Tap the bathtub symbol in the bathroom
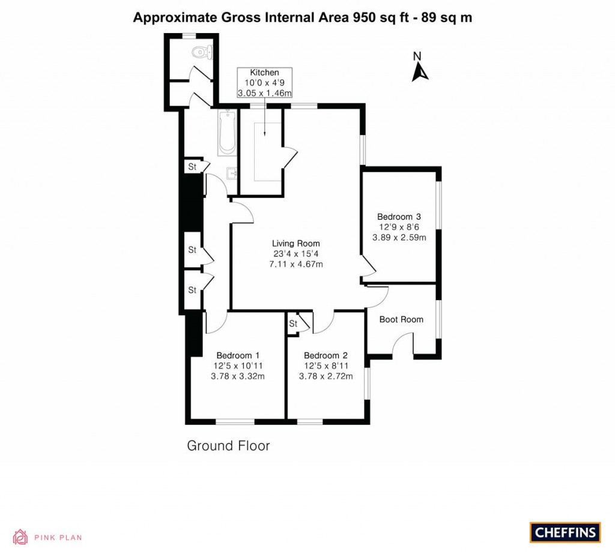pyautogui.click(x=228, y=132)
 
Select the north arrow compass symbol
pyautogui.click(x=419, y=67)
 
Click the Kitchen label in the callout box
pyautogui.click(x=264, y=73)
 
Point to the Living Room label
pyautogui.click(x=295, y=244)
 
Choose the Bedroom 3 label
pyautogui.click(x=399, y=217)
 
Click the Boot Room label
pyautogui.click(x=401, y=319)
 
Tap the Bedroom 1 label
pyautogui.click(x=238, y=355)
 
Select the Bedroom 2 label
pyautogui.click(x=326, y=355)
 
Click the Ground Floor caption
pyautogui.click(x=228, y=446)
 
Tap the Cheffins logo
pyautogui.click(x=565, y=532)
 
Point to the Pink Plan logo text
pyautogui.click(x=58, y=538)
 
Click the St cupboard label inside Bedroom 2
pyautogui.click(x=294, y=324)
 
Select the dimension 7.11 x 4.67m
pyautogui.click(x=295, y=265)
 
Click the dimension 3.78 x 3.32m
pyautogui.click(x=238, y=376)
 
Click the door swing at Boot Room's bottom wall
pyautogui.click(x=402, y=347)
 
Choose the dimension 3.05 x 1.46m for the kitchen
pyautogui.click(x=264, y=93)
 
